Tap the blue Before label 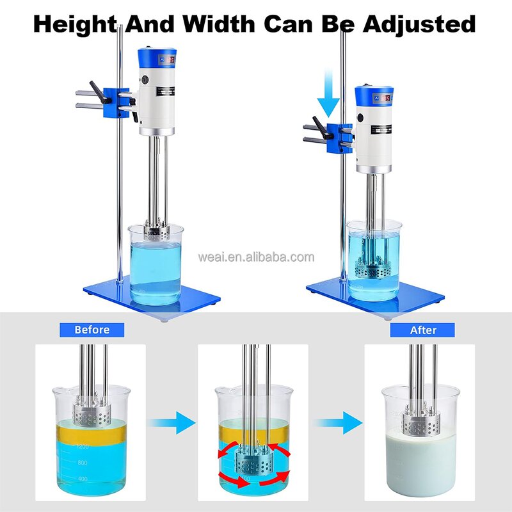[x=92, y=330]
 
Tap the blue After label [x=422, y=330]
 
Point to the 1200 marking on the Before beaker [x=82, y=446]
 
